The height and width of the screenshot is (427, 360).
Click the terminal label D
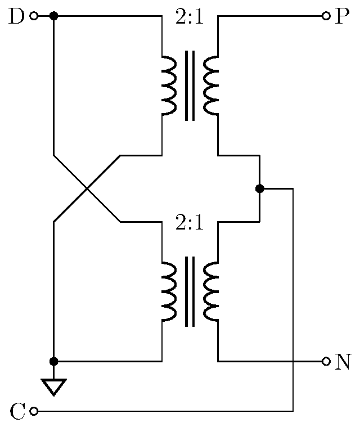coord(17,16)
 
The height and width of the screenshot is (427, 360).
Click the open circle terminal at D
coord(34,16)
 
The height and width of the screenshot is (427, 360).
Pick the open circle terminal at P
coord(326,16)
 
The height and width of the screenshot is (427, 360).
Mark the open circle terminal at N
coord(326,361)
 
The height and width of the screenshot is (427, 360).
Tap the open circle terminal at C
coord(34,412)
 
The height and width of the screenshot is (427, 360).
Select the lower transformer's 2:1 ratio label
coord(190,223)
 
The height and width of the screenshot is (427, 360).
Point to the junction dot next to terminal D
coord(53,16)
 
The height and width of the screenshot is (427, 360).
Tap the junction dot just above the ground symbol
coord(53,361)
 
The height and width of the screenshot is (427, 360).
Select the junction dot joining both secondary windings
coord(259,188)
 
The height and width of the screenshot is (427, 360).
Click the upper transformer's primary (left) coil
coord(169,86)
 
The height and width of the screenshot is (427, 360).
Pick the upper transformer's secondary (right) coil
coord(211,86)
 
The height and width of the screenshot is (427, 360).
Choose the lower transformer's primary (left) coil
coord(169,291)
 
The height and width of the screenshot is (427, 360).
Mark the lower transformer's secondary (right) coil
coord(211,291)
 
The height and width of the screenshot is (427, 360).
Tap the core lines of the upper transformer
coord(190,86)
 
